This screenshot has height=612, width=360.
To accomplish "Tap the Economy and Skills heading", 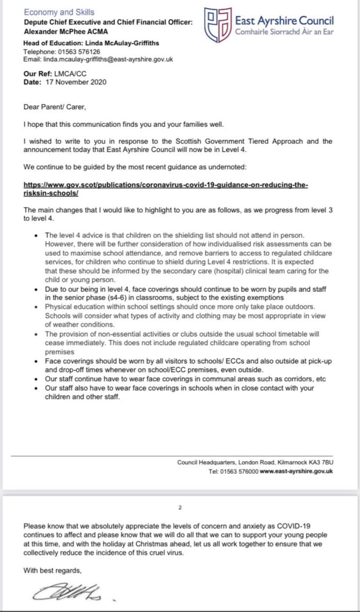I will coord(59,12).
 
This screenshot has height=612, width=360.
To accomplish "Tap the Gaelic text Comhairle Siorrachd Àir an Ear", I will coord(284,32).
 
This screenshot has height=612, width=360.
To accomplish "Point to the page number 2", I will coord(180,508).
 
